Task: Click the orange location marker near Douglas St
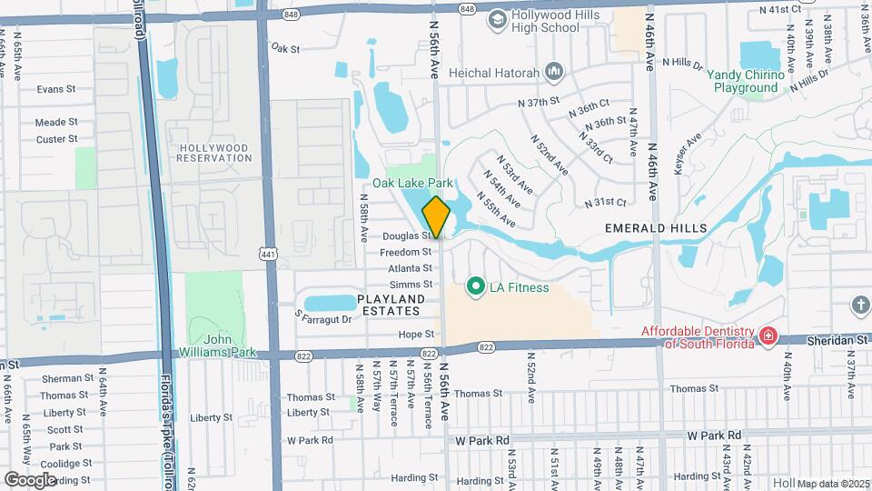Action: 437,217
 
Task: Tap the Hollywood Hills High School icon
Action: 497,19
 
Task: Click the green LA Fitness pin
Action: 474,287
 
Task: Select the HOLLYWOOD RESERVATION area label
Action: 214,153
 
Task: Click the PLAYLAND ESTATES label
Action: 391,305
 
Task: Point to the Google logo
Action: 30,479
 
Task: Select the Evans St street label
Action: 56,89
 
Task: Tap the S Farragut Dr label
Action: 322,319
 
